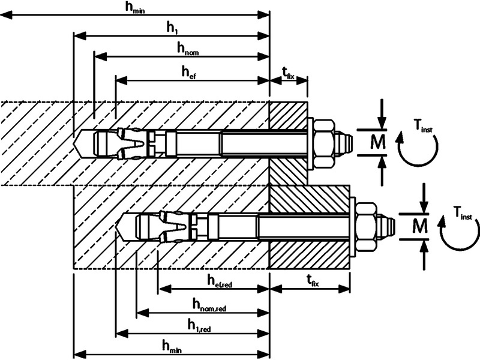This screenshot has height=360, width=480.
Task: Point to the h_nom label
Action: coord(187,48)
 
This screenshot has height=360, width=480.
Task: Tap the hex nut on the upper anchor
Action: coord(323,143)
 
